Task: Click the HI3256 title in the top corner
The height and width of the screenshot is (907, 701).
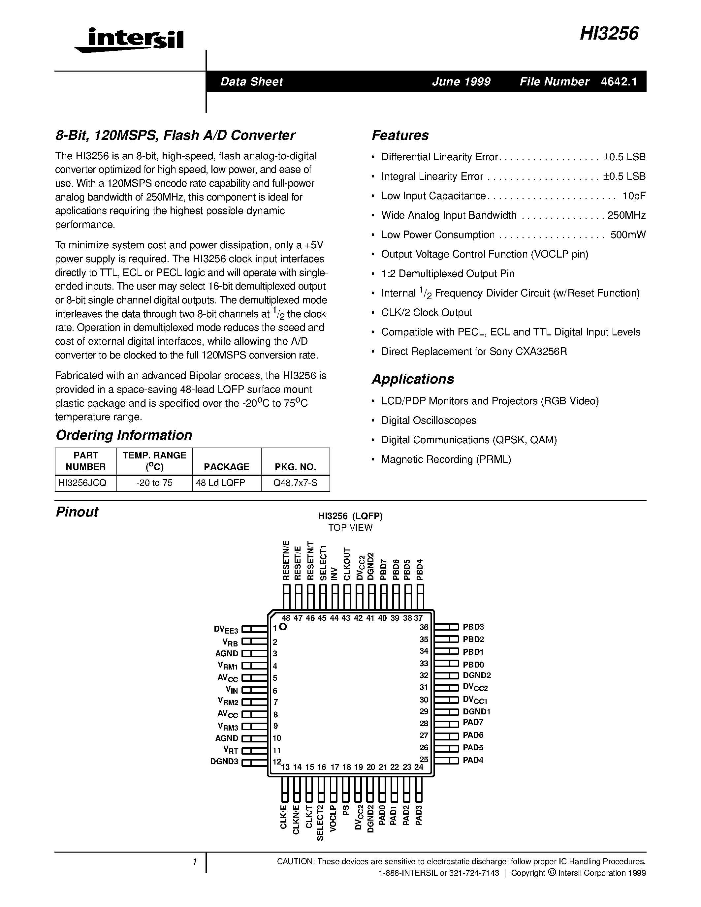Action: [x=609, y=34]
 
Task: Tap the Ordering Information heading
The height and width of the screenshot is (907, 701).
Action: [x=124, y=435]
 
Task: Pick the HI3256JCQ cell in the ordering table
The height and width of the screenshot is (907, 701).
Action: [x=85, y=483]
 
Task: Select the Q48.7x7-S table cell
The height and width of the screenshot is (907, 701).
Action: [x=295, y=483]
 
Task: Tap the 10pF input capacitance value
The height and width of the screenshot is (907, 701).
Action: [x=634, y=196]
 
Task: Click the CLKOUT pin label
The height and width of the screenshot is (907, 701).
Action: [x=347, y=564]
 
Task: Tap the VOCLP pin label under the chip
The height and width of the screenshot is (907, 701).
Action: [x=333, y=818]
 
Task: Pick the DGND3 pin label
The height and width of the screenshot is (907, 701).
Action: [x=224, y=761]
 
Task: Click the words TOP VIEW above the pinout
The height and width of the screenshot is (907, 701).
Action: [x=350, y=527]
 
